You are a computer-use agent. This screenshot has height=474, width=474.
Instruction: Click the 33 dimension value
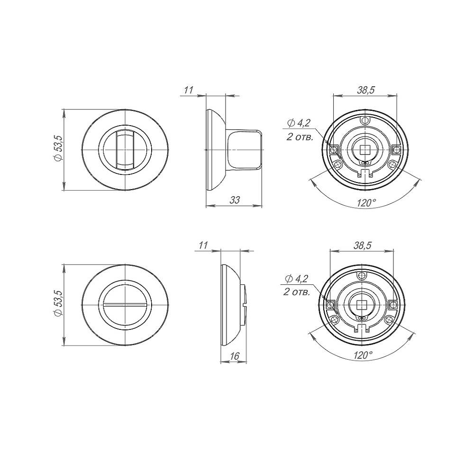point(235,200)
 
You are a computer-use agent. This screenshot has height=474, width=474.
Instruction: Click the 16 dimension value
point(234,356)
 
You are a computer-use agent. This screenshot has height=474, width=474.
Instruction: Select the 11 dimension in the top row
point(188,90)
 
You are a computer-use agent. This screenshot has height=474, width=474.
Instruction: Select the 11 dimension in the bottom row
point(203,245)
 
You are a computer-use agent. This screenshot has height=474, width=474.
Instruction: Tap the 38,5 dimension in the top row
point(366,90)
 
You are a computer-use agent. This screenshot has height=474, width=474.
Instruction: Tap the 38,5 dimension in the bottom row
point(362,245)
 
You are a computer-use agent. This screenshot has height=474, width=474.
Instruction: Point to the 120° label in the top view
point(366,202)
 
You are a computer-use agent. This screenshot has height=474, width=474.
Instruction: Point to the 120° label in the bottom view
point(363,355)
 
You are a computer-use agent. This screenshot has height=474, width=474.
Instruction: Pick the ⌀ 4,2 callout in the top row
point(299,123)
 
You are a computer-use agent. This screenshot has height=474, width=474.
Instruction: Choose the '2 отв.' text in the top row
point(300,137)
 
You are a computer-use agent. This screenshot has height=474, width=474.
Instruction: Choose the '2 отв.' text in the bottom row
point(297,292)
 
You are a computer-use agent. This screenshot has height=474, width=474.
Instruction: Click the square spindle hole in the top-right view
point(365,150)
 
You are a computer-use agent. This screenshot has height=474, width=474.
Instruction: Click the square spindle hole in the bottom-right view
point(361,305)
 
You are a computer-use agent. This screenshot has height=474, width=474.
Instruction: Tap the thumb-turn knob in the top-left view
point(125,150)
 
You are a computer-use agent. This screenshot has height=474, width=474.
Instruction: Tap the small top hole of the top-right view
point(365,120)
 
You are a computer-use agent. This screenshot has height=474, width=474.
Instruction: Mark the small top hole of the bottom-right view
point(361,275)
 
